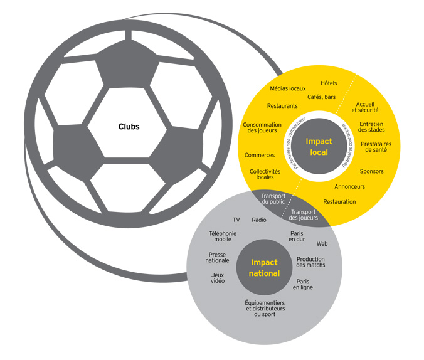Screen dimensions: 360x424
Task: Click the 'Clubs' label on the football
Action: (129, 127)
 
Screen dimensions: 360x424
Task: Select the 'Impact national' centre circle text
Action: (265, 268)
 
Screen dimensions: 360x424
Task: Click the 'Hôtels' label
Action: (329, 83)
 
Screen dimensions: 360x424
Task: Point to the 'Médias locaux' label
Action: (288, 89)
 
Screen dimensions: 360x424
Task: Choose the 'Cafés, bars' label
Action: (321, 97)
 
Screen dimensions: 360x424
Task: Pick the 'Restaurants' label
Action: (282, 106)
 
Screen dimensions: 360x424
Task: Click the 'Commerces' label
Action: (260, 155)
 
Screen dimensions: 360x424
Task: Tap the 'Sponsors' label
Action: (371, 171)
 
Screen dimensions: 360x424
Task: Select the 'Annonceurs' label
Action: (349, 186)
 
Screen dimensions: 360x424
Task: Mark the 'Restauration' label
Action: (339, 201)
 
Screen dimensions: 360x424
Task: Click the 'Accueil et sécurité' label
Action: (366, 107)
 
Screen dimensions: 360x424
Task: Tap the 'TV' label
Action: (236, 220)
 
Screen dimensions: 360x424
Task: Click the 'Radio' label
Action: (259, 220)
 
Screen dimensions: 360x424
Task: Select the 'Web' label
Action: (322, 243)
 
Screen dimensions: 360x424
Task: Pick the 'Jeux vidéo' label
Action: (218, 278)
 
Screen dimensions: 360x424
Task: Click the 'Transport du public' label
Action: (273, 199)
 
